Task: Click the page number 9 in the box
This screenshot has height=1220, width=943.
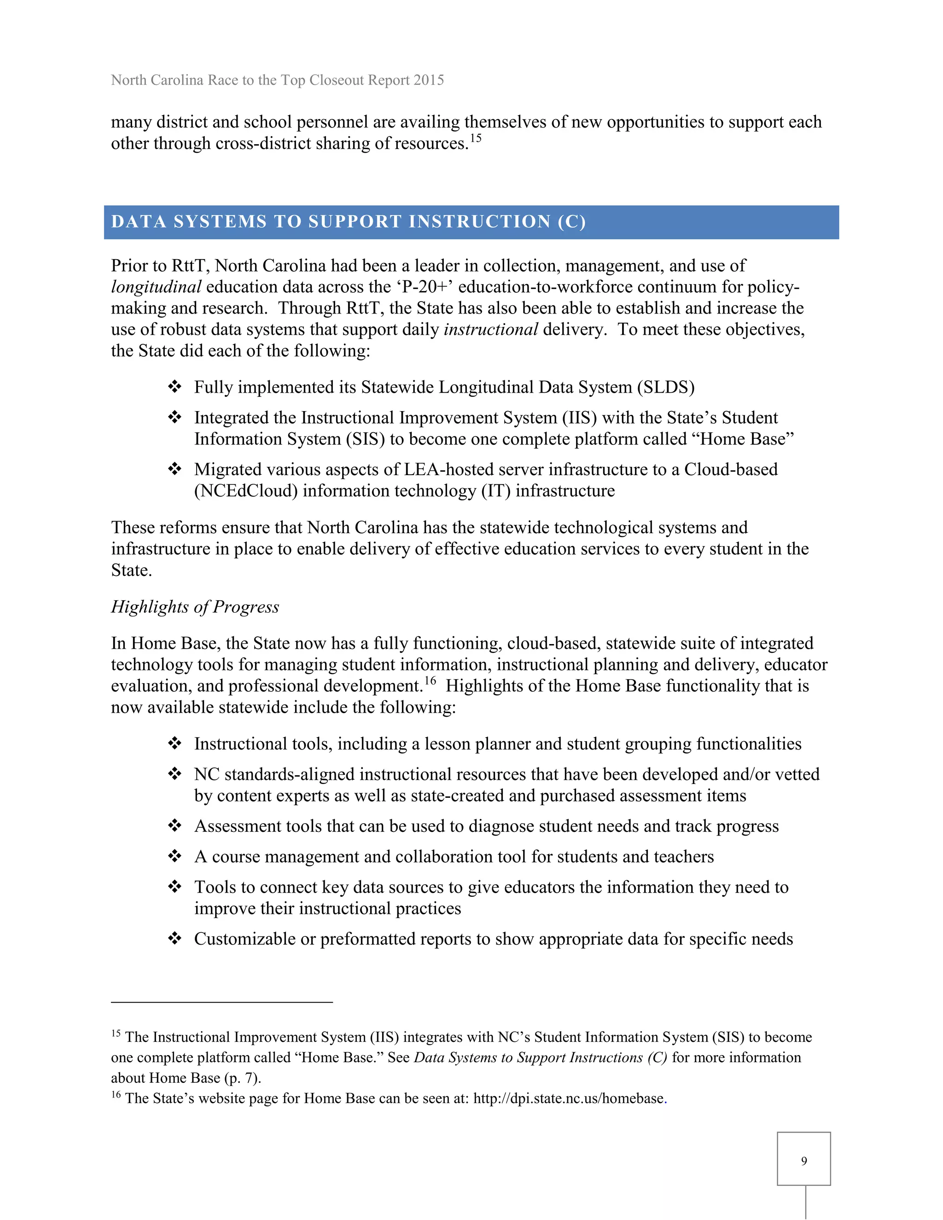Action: [803, 1161]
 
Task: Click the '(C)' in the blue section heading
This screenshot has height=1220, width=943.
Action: [571, 222]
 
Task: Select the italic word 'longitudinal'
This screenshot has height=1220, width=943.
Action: [156, 287]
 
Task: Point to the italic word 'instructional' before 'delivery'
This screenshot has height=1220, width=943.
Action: [490, 330]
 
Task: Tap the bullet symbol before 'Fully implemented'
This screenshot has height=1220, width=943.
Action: [175, 387]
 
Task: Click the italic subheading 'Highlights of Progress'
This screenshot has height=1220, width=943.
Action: [195, 607]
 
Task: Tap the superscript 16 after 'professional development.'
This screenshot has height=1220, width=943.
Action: [430, 680]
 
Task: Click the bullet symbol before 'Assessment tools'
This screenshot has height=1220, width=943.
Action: [175, 825]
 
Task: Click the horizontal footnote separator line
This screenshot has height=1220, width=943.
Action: [222, 1002]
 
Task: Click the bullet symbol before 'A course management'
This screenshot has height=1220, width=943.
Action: [175, 856]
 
